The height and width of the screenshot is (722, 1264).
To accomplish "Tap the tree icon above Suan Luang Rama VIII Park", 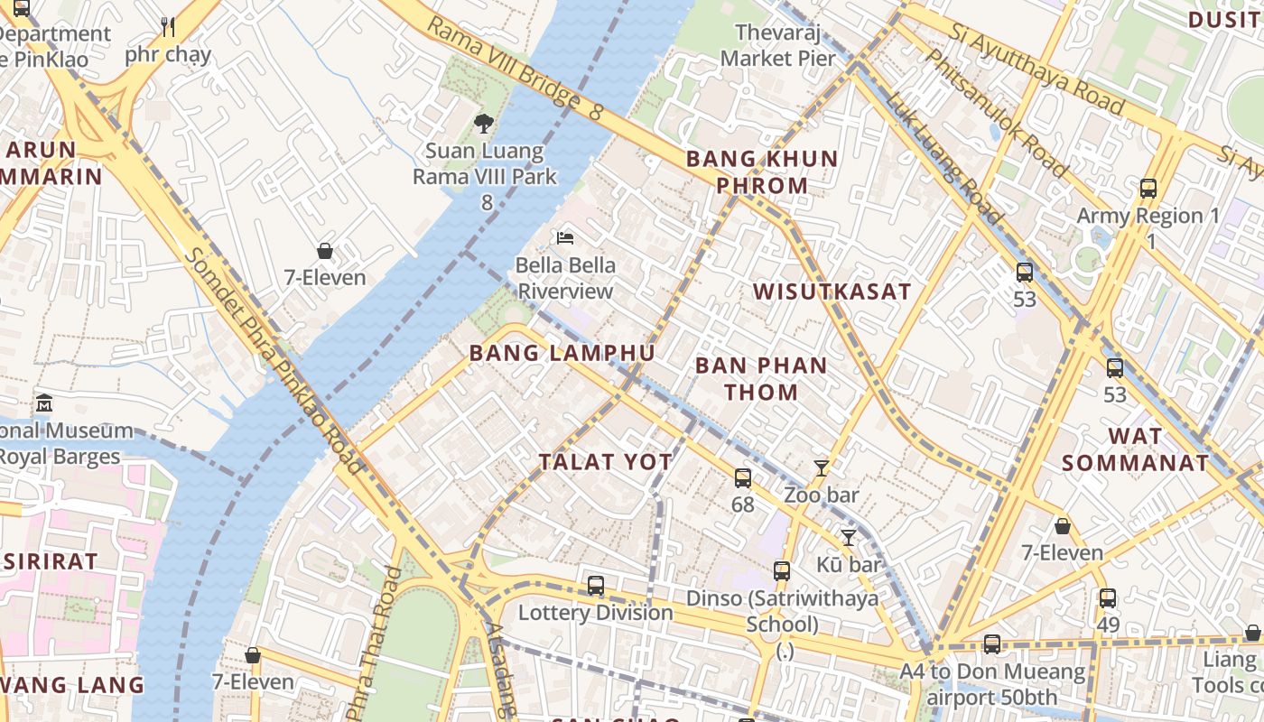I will (x=484, y=124).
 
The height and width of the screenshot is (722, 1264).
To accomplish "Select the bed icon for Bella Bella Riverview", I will (x=565, y=238).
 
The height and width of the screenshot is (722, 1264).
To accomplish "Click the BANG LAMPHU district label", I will (x=562, y=353).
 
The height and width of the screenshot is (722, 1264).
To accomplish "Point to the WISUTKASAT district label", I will (x=832, y=292).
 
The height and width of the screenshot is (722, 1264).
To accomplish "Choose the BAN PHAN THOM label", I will (x=761, y=379).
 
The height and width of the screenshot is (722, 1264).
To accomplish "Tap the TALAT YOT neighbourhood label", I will (x=605, y=462).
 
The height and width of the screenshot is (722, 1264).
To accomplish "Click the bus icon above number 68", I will (x=742, y=478).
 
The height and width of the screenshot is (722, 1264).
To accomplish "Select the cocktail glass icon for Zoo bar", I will (x=821, y=468).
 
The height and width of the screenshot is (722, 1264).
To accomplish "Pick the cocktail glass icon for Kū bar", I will (x=848, y=538).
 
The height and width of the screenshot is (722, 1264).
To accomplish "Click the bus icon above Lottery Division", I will (x=595, y=586).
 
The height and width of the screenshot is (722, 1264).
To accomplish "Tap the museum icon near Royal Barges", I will (x=44, y=403).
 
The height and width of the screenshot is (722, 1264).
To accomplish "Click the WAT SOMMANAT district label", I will (x=1135, y=449).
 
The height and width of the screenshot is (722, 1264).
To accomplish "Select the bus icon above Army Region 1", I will (x=1148, y=189).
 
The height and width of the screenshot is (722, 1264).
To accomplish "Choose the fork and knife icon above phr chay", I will (x=167, y=27).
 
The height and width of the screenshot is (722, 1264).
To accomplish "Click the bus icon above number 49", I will (x=1108, y=598).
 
